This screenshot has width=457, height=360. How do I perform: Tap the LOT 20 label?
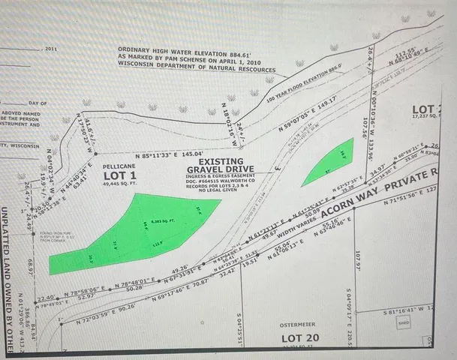(300, 338)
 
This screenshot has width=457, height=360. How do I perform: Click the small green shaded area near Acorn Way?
(329, 162)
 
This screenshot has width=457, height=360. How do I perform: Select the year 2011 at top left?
(50, 49)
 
